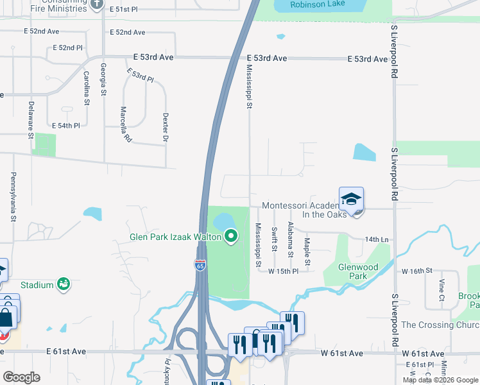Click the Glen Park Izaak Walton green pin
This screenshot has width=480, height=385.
tap(231, 237)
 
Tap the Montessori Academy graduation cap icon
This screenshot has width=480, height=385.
tap(351, 199)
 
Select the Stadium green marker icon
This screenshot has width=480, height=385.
tap(63, 284)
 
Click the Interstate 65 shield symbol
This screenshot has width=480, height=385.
tap(200, 264)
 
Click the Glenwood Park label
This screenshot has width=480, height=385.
tap(358, 271)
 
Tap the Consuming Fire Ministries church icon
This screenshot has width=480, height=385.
tap(97, 4)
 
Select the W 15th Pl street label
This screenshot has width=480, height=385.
tap(284, 271)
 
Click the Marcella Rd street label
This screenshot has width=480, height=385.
tap(125, 124)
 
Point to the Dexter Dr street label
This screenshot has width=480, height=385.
tap(166, 128)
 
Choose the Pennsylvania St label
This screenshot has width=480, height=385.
tap(13, 196)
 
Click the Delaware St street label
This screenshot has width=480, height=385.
tap(30, 119)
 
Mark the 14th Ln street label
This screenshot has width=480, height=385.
tap(377, 239)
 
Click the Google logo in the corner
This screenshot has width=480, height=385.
tap(21, 377)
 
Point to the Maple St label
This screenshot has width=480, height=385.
tap(307, 252)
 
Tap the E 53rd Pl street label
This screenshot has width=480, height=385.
tap(140, 74)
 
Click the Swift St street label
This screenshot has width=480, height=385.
tap(274, 239)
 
